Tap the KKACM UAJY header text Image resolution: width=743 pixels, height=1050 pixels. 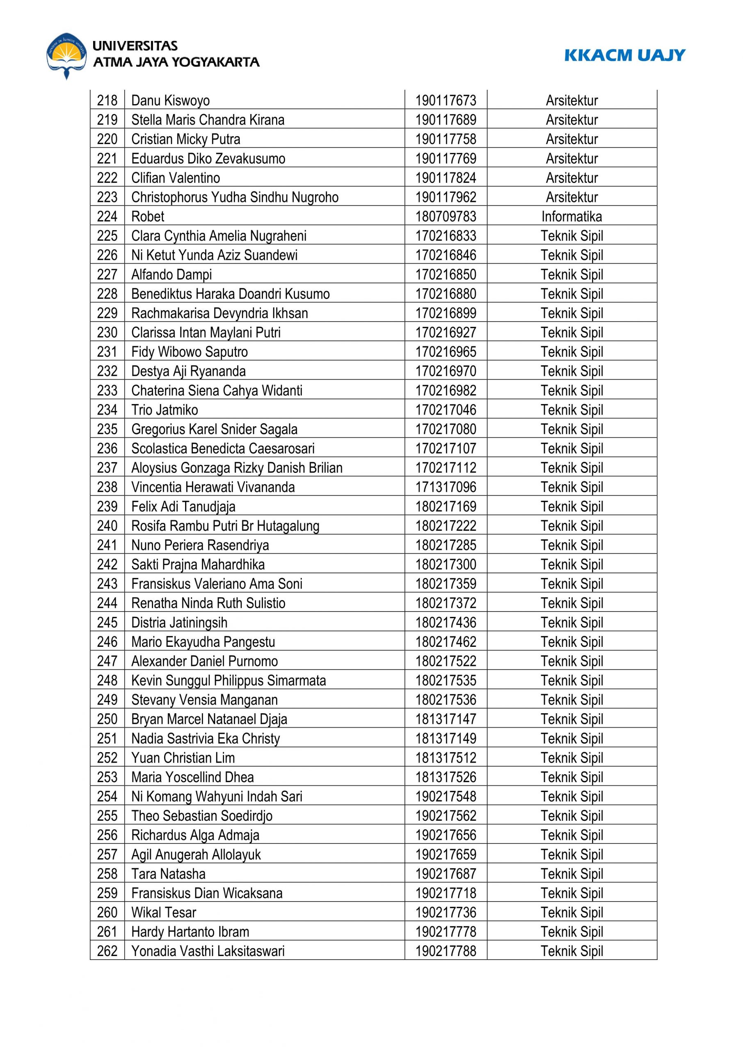tap(624, 55)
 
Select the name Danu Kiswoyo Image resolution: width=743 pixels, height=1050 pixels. tap(170, 100)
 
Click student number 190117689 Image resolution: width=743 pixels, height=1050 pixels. tap(446, 120)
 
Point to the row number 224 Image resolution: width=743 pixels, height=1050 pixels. tap(107, 216)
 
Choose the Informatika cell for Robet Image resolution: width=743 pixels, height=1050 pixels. tap(572, 216)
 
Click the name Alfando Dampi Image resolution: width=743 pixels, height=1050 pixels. tap(171, 274)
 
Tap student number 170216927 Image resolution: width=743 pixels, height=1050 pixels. tap(446, 333)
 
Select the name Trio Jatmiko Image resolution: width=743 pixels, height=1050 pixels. tap(165, 410)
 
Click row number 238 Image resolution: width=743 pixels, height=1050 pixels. tap(107, 487)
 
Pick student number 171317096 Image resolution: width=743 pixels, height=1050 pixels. tap(446, 487)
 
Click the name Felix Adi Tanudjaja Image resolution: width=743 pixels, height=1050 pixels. tap(183, 507)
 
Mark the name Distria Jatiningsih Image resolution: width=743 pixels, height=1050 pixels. tap(179, 622)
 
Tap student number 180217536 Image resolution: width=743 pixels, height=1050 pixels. tap(446, 700)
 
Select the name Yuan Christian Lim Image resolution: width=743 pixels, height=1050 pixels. tap(183, 758)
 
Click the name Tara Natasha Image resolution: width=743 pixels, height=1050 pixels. tap(168, 874)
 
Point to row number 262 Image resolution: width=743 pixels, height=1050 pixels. tap(107, 951)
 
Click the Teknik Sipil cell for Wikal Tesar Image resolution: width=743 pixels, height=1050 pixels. tap(572, 912)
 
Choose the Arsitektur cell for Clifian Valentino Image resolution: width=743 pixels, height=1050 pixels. tap(572, 178)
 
